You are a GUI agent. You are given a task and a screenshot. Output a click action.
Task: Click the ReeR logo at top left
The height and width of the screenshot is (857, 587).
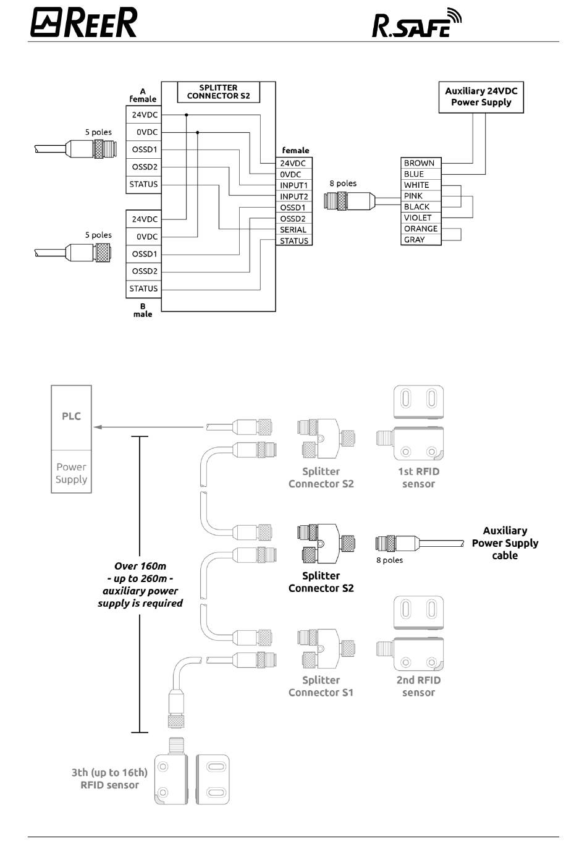pyautogui.click(x=84, y=23)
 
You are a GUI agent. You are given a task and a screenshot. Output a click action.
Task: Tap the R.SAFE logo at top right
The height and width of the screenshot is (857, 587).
pyautogui.click(x=416, y=23)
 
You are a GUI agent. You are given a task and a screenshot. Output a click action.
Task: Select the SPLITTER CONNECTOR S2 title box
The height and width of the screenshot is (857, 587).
pyautogui.click(x=219, y=92)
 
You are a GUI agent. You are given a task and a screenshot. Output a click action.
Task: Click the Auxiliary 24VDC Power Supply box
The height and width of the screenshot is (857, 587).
pyautogui.click(x=481, y=97)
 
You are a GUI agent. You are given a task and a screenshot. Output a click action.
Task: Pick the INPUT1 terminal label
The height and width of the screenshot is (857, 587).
pyautogui.click(x=294, y=185)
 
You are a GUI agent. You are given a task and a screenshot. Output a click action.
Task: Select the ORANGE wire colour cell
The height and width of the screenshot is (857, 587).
pyautogui.click(x=421, y=229)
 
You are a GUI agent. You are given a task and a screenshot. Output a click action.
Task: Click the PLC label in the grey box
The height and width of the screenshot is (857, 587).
pyautogui.click(x=71, y=416)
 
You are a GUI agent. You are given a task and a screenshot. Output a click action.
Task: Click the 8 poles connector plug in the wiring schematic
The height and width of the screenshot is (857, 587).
pyautogui.click(x=349, y=201)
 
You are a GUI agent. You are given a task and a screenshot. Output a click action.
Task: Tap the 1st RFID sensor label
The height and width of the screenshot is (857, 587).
pyautogui.click(x=419, y=478)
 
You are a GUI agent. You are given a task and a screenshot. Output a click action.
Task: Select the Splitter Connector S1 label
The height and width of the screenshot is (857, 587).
pyautogui.click(x=321, y=686)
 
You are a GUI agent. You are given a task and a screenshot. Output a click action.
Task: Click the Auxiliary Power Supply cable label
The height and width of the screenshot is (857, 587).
pyautogui.click(x=505, y=543)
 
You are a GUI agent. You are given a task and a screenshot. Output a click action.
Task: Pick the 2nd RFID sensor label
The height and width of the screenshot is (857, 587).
pyautogui.click(x=419, y=686)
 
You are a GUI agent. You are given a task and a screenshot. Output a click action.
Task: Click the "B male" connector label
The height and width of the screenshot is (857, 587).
pyautogui.click(x=143, y=310)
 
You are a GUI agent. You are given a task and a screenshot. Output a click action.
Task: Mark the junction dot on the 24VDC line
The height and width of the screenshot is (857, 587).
pyautogui.click(x=187, y=115)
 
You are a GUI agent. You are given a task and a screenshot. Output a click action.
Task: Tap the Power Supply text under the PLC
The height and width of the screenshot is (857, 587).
pyautogui.click(x=71, y=473)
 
